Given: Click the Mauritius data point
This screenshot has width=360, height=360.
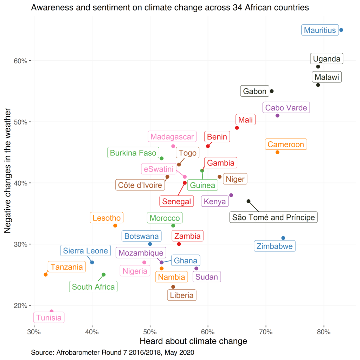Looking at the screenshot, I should tap(341, 30).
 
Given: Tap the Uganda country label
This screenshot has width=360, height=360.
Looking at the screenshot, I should tap(327, 59).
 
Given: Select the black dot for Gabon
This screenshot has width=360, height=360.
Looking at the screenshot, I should tap(271, 91).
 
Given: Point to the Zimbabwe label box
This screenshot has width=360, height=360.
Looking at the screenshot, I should tap(275, 246).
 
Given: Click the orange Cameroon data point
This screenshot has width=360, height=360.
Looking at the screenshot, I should tap(277, 152).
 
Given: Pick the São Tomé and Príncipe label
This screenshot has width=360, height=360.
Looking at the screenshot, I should tap(274, 217).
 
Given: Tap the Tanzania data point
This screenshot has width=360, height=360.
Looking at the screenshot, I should tap(46, 275).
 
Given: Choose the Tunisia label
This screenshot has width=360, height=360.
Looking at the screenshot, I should tap(49, 318).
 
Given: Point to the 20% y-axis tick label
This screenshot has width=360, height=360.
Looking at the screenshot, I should tap(20, 305).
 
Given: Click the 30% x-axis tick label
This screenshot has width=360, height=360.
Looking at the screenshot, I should tap(34, 332).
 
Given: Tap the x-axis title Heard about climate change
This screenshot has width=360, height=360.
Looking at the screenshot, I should tap(193, 341).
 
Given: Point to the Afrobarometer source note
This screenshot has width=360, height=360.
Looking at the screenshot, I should tap(112, 352).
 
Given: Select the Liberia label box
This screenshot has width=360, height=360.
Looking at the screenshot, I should tap(181, 295).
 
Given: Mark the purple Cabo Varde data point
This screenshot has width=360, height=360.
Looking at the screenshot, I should tap(277, 116).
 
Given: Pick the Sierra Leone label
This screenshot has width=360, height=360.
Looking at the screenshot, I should tap(85, 251).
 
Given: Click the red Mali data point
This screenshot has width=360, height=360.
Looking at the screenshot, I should tap(237, 128).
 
